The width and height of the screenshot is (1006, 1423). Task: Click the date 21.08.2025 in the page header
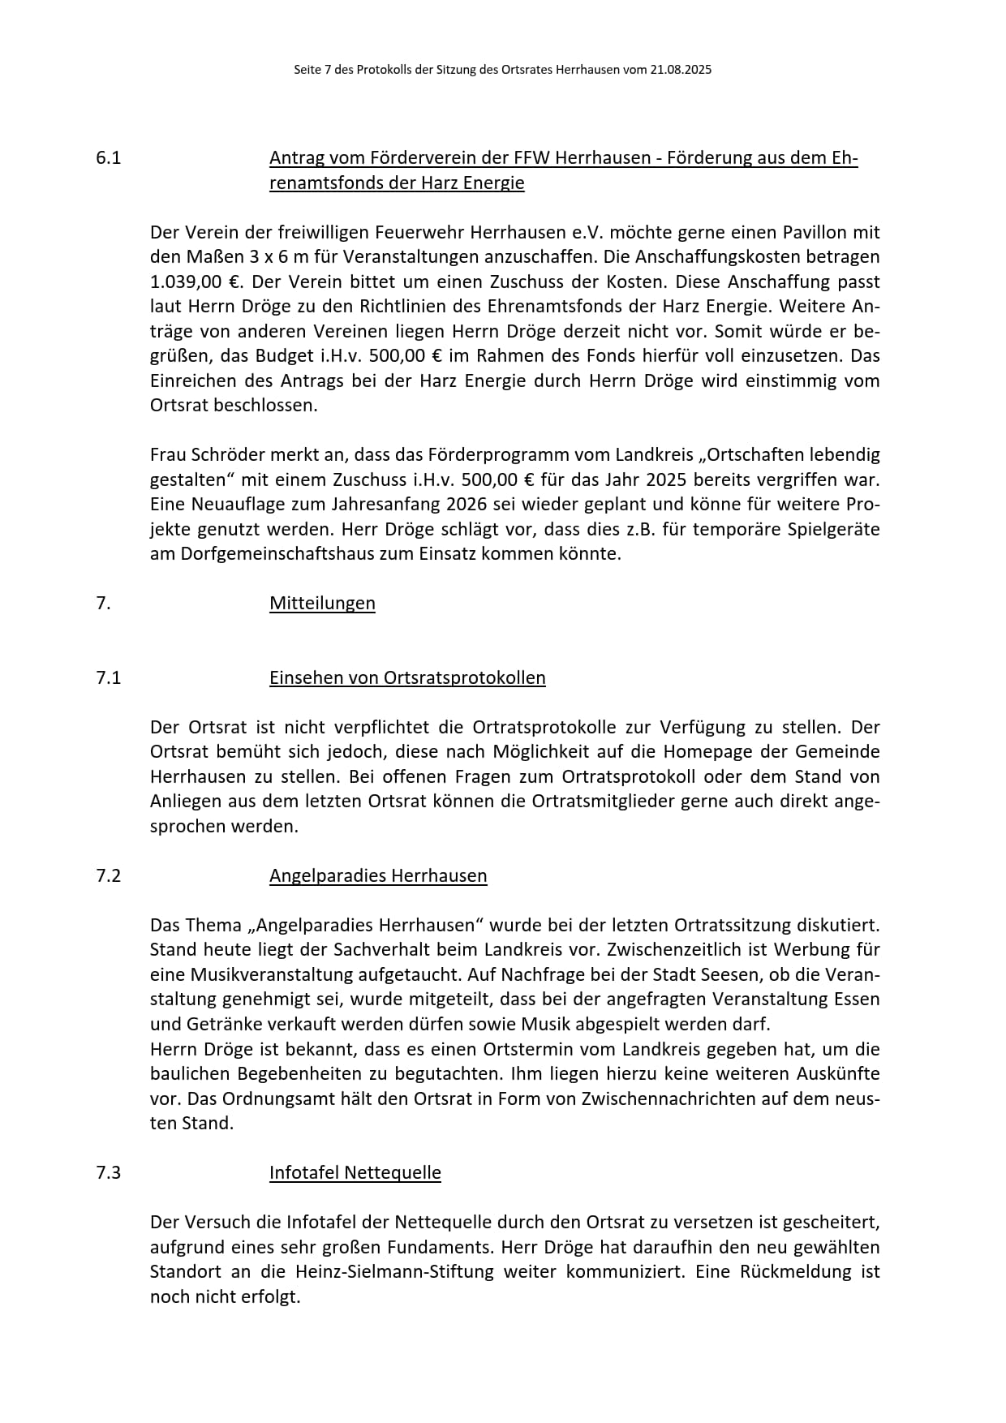point(680,70)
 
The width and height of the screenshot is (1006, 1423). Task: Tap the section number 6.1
point(108,158)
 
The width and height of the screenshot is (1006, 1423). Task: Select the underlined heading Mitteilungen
point(322,604)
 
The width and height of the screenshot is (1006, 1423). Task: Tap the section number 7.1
point(108,678)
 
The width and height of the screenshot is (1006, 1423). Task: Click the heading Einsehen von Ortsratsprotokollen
point(407,678)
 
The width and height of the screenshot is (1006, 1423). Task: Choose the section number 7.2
point(108,876)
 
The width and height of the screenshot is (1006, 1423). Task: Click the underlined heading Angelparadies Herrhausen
point(378,876)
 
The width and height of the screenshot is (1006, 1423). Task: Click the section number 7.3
point(108,1173)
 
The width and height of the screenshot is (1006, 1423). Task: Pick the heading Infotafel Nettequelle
point(355,1173)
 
